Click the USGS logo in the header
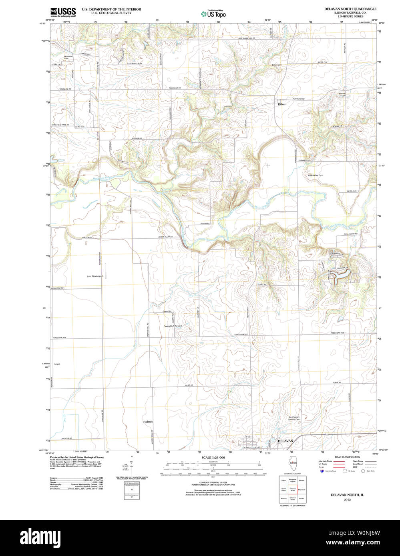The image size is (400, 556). (62, 12)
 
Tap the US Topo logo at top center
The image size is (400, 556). (213, 14)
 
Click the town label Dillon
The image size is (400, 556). (282, 104)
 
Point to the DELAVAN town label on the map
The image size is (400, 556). (285, 440)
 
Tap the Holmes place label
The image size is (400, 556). (148, 422)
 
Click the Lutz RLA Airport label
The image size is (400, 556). (95, 276)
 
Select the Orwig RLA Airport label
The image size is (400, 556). (173, 326)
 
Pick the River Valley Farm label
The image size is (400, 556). (316, 175)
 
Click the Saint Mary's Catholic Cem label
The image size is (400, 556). (294, 418)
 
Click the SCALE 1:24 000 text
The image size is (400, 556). (213, 458)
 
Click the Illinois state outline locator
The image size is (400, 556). (293, 463)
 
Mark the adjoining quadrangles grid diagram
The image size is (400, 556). (292, 489)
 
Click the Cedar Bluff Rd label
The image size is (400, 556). (165, 237)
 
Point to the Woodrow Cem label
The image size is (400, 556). (68, 58)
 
